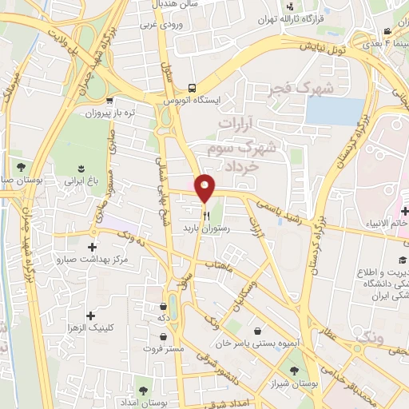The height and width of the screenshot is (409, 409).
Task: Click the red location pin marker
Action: (205, 188)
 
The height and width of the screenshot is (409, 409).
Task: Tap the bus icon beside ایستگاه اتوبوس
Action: (192, 88)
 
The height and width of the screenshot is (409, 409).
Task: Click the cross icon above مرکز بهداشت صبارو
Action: (93, 247)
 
